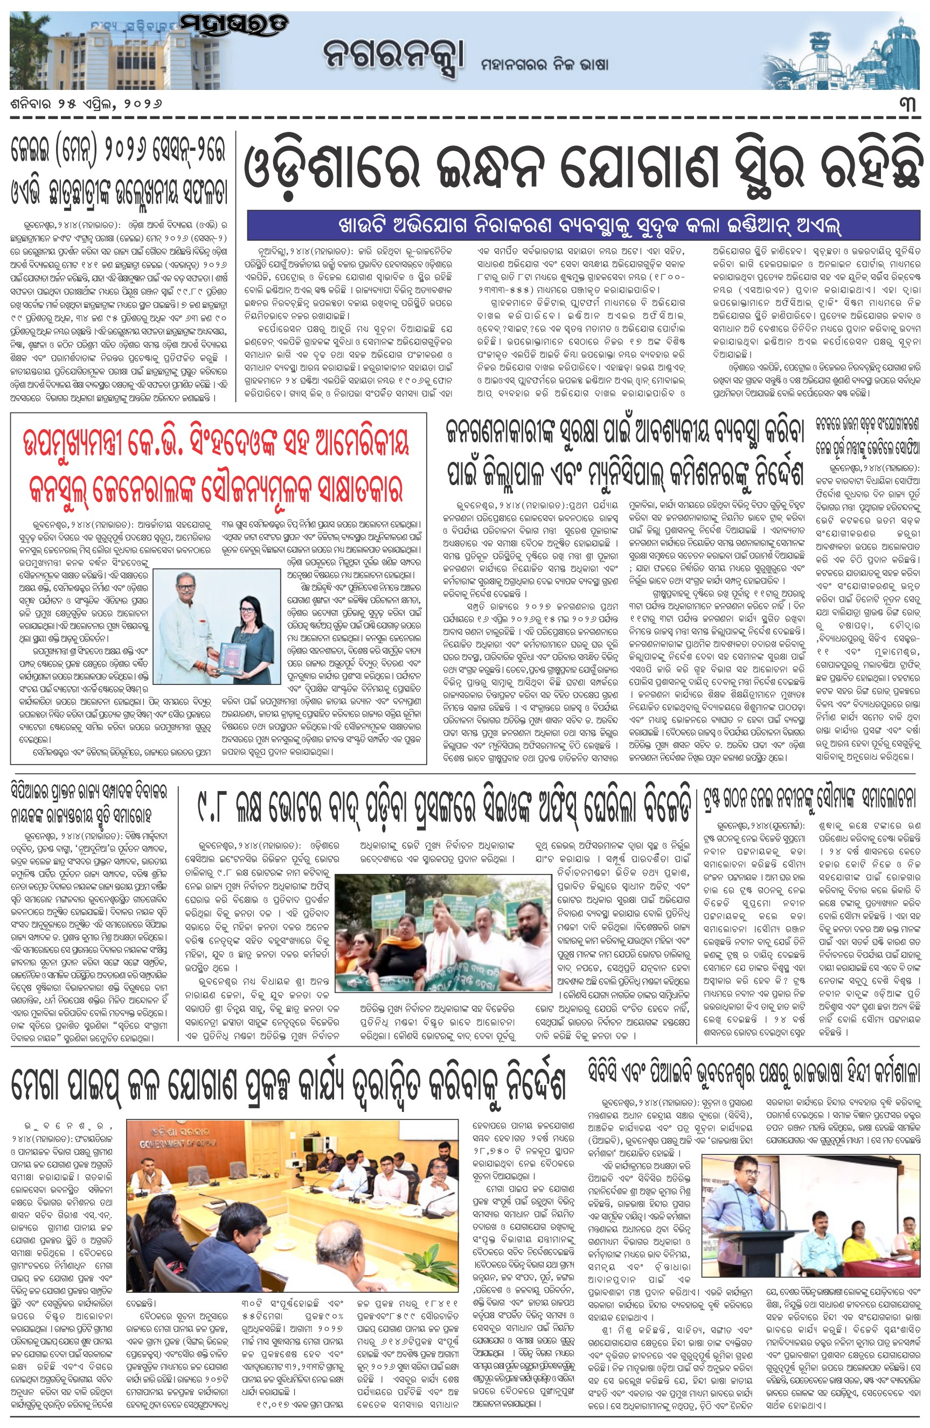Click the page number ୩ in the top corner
click(x=907, y=105)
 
